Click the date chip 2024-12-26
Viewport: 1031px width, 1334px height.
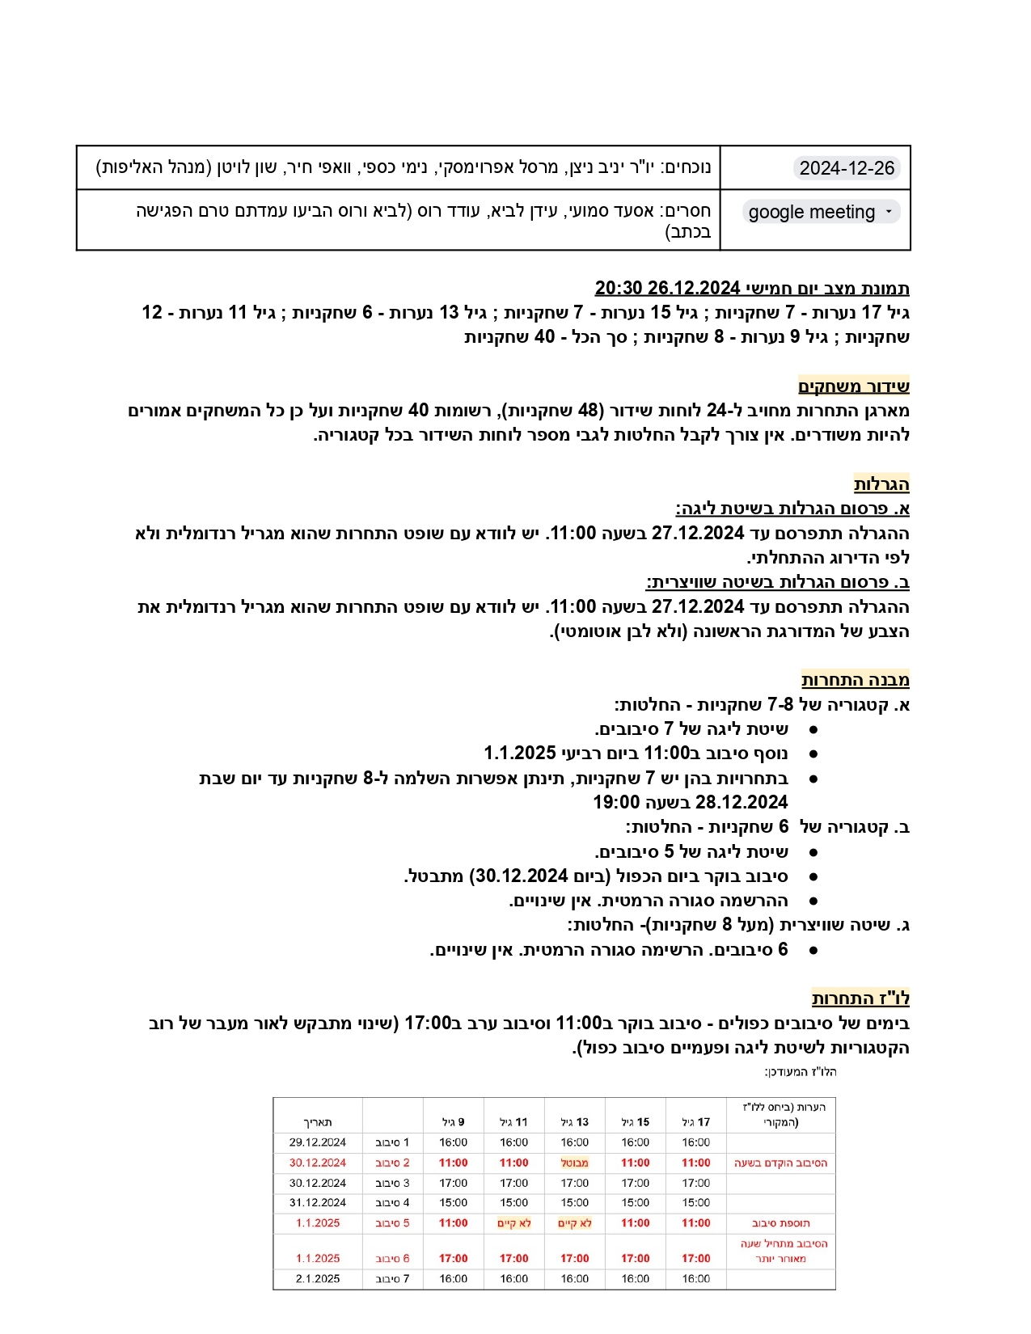(x=847, y=168)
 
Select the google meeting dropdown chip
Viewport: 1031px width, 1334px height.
(x=821, y=212)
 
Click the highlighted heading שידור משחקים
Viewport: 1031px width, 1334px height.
(x=853, y=386)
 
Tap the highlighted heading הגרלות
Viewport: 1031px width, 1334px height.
(x=881, y=484)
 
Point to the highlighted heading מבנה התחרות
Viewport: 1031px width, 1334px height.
(x=855, y=680)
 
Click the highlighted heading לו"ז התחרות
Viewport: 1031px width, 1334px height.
(x=860, y=998)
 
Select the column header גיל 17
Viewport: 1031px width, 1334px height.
(x=695, y=1122)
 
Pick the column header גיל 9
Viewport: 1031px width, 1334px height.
(x=453, y=1122)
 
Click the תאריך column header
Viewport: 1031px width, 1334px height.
(x=318, y=1122)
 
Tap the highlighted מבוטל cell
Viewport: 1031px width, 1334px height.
(x=575, y=1163)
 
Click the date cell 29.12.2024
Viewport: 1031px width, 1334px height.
(x=318, y=1142)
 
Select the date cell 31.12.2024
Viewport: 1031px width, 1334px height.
(x=318, y=1203)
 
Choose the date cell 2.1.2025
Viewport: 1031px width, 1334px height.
(x=318, y=1278)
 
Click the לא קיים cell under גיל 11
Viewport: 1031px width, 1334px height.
(x=513, y=1223)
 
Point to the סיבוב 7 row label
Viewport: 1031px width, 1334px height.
(x=392, y=1278)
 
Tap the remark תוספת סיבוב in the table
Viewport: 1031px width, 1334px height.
(x=780, y=1223)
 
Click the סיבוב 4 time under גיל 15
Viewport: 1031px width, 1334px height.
(x=635, y=1203)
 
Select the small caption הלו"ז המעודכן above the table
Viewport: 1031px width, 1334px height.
(x=800, y=1072)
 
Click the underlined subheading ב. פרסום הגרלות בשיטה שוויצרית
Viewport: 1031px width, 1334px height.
(x=777, y=582)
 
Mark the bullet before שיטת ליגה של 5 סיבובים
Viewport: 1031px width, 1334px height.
(x=813, y=852)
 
